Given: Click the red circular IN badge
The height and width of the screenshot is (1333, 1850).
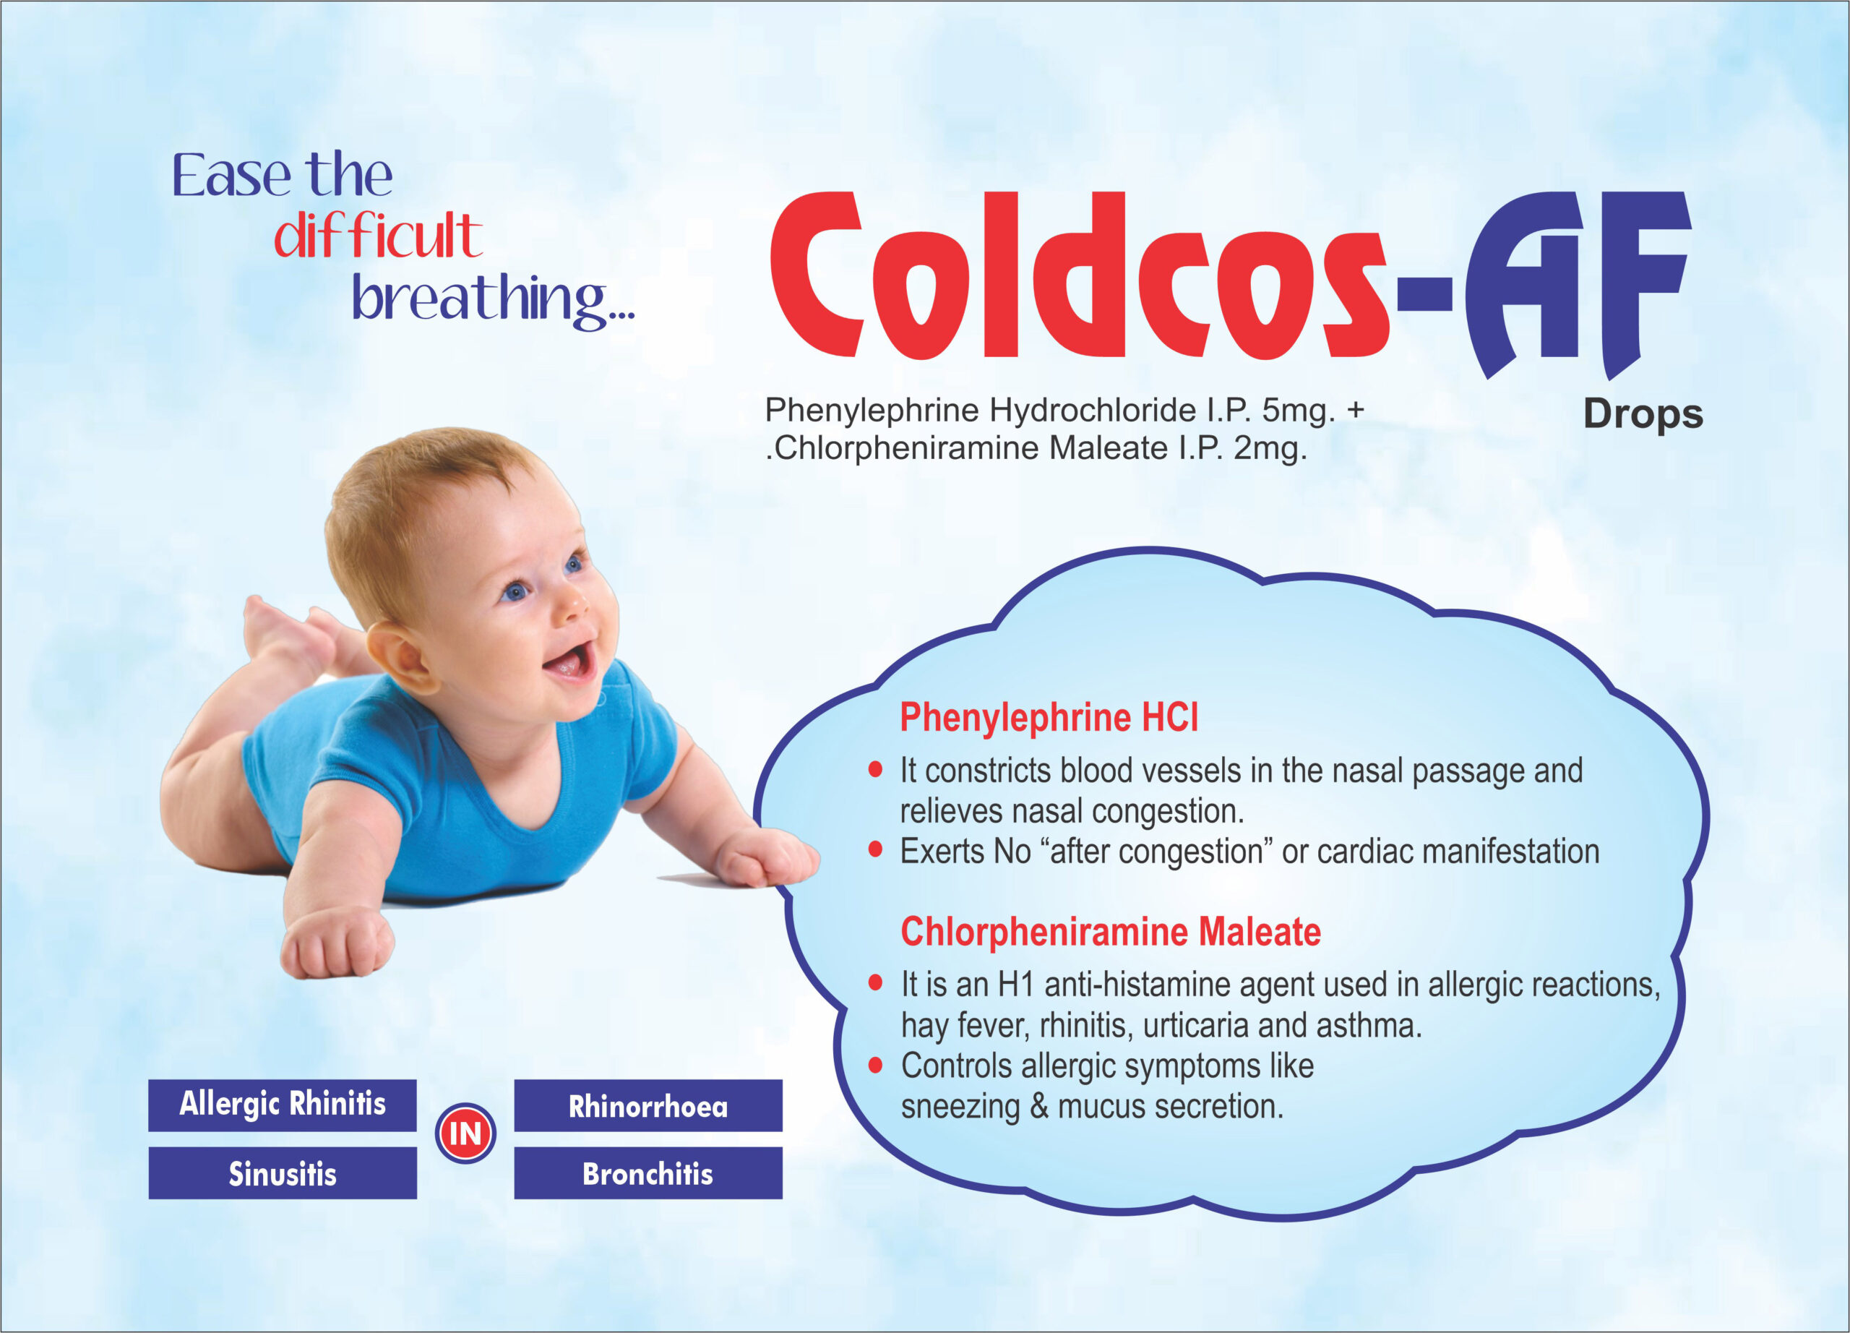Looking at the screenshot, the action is pyautogui.click(x=465, y=1133).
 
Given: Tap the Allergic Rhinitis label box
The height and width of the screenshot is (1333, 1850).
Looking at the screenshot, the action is pyautogui.click(x=283, y=1105).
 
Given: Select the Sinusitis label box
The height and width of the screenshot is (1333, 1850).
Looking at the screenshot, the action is pyautogui.click(x=283, y=1173).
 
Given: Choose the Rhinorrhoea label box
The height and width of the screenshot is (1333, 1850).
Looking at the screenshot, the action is pyautogui.click(x=647, y=1105).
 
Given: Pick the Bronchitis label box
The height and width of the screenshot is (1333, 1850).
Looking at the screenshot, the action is pyautogui.click(x=647, y=1173).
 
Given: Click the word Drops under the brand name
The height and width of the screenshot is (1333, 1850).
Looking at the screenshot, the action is pyautogui.click(x=1643, y=415).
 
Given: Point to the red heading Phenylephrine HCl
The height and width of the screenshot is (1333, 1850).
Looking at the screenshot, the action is pyautogui.click(x=1049, y=717).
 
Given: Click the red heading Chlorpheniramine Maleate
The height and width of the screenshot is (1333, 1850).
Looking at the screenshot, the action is pyautogui.click(x=1110, y=931).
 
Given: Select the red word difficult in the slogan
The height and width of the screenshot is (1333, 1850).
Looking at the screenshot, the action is pyautogui.click(x=378, y=236).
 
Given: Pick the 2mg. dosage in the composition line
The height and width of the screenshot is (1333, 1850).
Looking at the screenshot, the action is pyautogui.click(x=1270, y=449).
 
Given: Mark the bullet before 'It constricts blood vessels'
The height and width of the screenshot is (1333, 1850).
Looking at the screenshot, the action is pyautogui.click(x=875, y=768).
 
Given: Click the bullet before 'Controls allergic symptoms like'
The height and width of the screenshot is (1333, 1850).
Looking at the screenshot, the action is pyautogui.click(x=875, y=1065).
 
